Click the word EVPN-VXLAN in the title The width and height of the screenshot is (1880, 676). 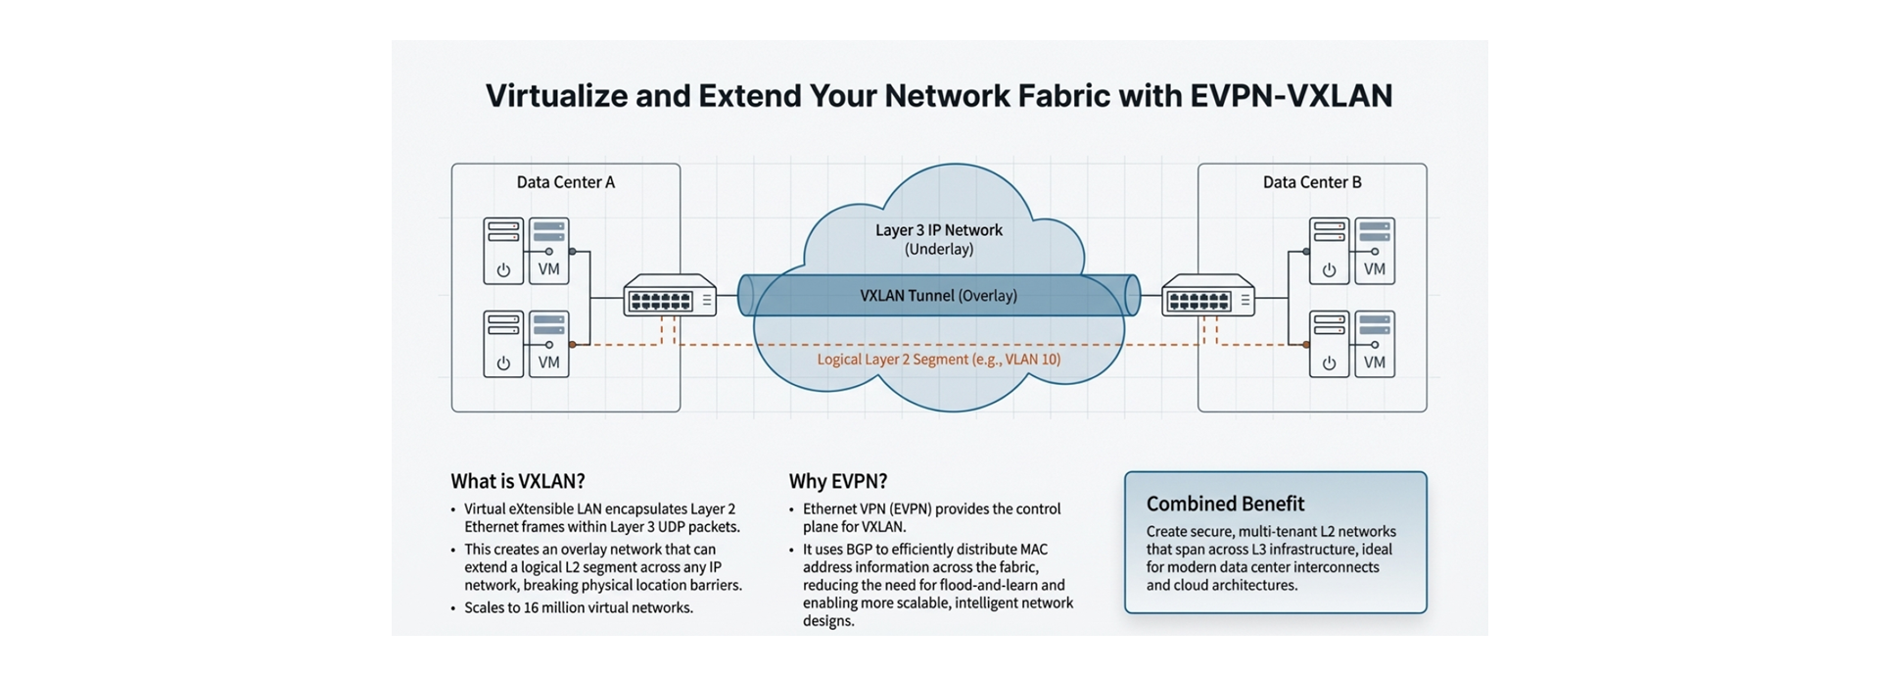(x=1291, y=96)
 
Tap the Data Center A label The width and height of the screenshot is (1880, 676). (x=565, y=182)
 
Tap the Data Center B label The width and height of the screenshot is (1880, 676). (x=1311, y=182)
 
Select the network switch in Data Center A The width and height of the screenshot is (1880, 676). (x=670, y=295)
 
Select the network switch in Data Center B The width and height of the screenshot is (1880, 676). (x=1207, y=295)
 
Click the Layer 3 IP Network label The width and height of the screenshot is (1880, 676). (x=938, y=230)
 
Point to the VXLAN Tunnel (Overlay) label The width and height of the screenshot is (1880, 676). (x=938, y=296)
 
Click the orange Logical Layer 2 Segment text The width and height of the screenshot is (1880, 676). (x=938, y=360)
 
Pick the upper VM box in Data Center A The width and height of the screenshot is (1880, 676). (x=549, y=252)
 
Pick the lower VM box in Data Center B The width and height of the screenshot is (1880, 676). (x=1375, y=344)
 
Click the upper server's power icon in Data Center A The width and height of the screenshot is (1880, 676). (x=503, y=270)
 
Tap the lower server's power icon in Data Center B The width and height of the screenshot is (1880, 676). (x=1329, y=363)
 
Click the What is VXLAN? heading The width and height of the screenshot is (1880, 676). (x=518, y=481)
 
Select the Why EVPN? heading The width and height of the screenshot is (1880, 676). (x=838, y=481)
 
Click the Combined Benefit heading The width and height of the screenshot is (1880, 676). (x=1225, y=504)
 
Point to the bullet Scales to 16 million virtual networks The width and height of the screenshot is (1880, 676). (x=578, y=607)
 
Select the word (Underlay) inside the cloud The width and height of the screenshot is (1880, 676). (x=938, y=250)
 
